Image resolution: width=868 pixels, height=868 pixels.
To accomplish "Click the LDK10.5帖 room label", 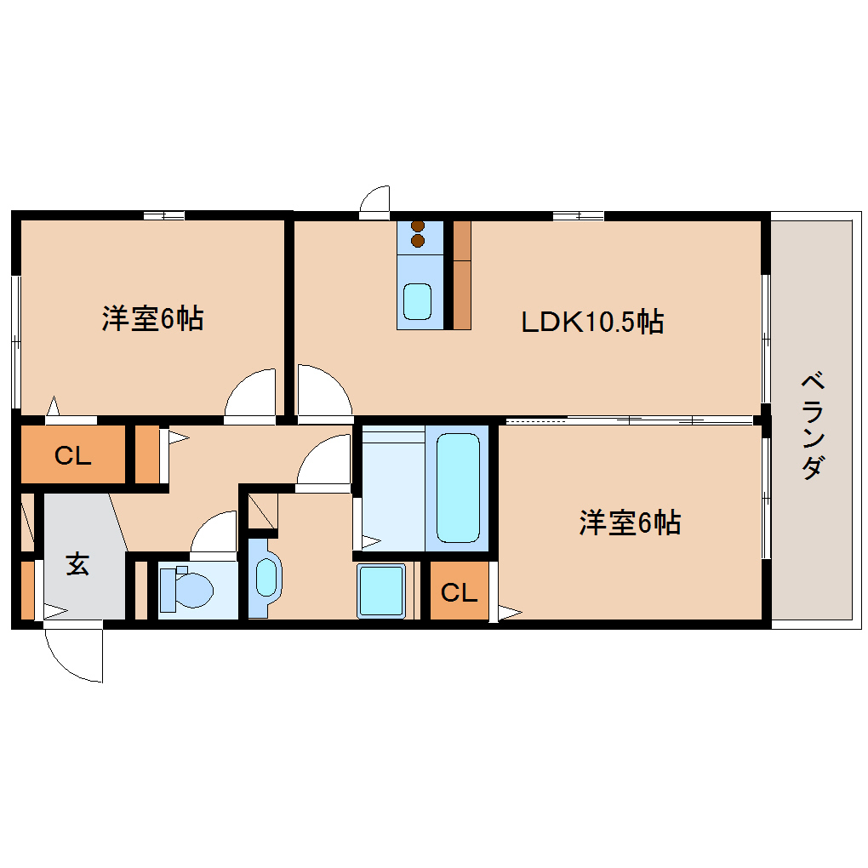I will point(592,322).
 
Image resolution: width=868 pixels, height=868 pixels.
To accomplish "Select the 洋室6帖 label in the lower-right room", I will point(630,522).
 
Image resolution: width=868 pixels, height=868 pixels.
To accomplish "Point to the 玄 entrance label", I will point(78,564).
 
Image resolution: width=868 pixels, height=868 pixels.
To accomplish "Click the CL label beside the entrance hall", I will point(72,456).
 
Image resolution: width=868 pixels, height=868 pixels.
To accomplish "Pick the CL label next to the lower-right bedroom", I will point(459,591).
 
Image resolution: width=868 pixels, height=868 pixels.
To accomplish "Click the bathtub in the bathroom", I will point(458,487).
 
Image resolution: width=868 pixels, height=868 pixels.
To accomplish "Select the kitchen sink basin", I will point(417,301).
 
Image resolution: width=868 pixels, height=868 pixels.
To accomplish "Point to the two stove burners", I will point(418,233).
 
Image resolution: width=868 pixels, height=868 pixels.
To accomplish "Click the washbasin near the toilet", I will point(267,577).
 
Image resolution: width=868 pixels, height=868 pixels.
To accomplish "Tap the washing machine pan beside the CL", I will point(381,591).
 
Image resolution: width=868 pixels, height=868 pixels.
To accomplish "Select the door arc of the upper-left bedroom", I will point(253,392).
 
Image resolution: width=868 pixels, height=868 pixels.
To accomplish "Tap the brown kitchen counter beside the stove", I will point(462,274).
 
